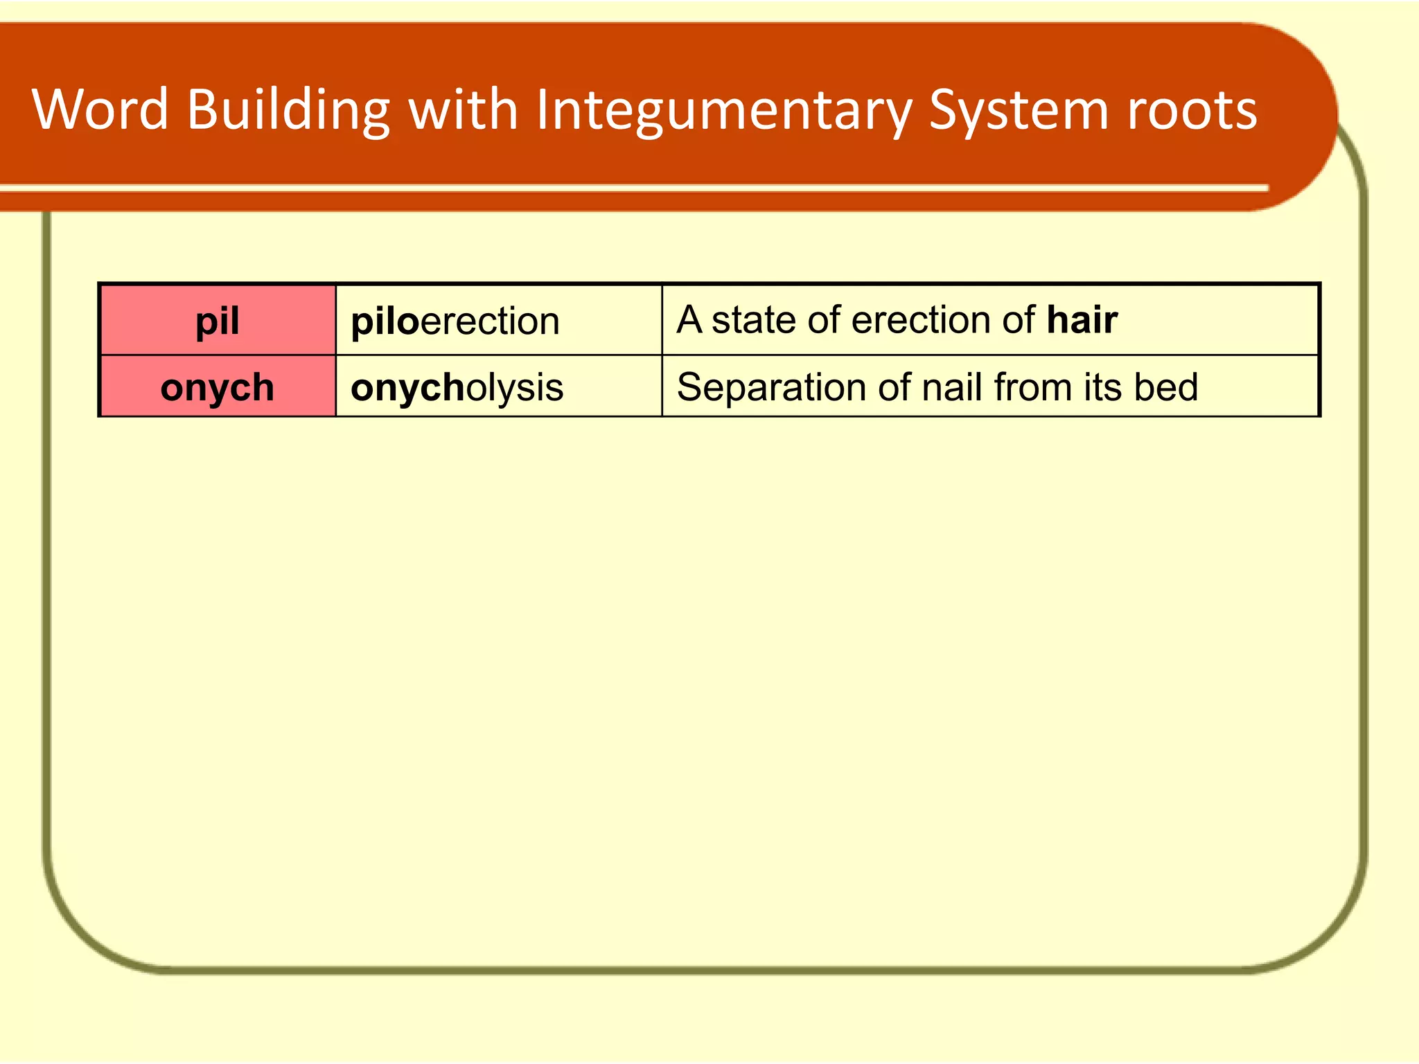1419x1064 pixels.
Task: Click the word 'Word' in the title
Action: click(x=100, y=109)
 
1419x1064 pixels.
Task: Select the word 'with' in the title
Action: click(x=463, y=109)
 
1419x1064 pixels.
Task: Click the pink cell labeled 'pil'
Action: click(x=218, y=321)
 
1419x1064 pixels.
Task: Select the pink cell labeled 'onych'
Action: click(x=218, y=387)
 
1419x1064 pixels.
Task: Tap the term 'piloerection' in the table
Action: click(x=455, y=321)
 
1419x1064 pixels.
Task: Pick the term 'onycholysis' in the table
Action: click(x=457, y=387)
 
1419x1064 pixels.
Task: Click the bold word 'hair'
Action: click(x=1082, y=319)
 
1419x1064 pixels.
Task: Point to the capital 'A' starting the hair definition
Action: click(x=689, y=319)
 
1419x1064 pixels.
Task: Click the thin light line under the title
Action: click(x=624, y=188)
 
